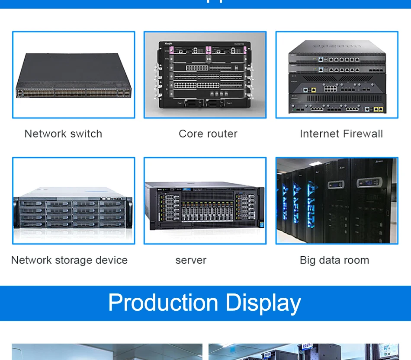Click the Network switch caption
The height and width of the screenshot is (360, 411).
pyautogui.click(x=63, y=134)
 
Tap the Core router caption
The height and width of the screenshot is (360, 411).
pyautogui.click(x=208, y=134)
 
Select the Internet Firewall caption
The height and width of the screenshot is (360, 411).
pyautogui.click(x=341, y=134)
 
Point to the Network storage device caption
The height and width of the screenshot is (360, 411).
pyautogui.click(x=69, y=260)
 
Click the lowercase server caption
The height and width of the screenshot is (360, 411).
pyautogui.click(x=191, y=261)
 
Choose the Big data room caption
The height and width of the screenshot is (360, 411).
pyautogui.click(x=334, y=260)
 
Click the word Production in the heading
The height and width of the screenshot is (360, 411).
pyautogui.click(x=164, y=303)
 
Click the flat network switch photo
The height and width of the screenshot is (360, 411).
pyautogui.click(x=74, y=75)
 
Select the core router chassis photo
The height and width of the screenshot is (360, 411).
pyautogui.click(x=205, y=75)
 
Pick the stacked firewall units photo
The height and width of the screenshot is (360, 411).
pyautogui.click(x=337, y=75)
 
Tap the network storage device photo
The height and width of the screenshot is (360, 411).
pyautogui.click(x=74, y=201)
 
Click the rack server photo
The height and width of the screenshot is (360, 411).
pyautogui.click(x=205, y=201)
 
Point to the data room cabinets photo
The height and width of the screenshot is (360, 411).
pyautogui.click(x=337, y=201)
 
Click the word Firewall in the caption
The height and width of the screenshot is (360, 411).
pyautogui.click(x=363, y=134)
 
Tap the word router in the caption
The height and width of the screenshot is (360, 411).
pyautogui.click(x=223, y=134)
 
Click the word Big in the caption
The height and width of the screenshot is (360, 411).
pyautogui.click(x=308, y=260)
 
